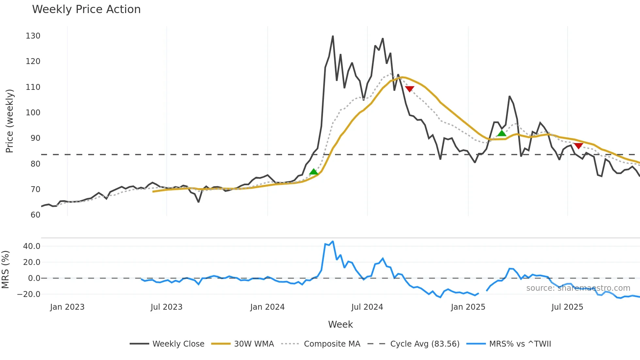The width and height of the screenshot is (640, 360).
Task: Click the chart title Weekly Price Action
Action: click(x=86, y=9)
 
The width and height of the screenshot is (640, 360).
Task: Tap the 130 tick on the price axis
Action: click(x=33, y=36)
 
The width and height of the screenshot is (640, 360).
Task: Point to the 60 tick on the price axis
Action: click(x=35, y=215)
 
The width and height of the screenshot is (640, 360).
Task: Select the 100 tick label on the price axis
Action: click(x=33, y=113)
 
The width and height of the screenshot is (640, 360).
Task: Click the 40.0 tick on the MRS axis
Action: click(x=32, y=246)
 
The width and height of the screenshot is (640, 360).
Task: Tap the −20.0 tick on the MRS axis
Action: click(x=29, y=294)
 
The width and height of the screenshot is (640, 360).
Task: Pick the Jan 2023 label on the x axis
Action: click(x=67, y=307)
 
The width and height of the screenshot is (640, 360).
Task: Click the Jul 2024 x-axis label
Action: click(x=367, y=307)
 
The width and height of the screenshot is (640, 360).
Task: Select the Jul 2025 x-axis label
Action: click(x=567, y=307)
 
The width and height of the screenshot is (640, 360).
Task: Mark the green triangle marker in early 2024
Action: click(x=313, y=172)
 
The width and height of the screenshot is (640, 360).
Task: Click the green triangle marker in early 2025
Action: click(x=502, y=133)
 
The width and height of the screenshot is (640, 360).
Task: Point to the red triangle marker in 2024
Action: click(x=409, y=89)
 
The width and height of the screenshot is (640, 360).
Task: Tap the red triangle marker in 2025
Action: click(x=578, y=146)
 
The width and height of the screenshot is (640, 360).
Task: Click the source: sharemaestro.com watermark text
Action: click(x=578, y=288)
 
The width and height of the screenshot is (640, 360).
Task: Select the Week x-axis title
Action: click(x=340, y=324)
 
